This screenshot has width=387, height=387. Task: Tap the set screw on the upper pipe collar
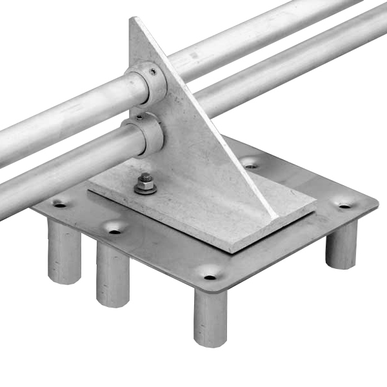click(152, 72)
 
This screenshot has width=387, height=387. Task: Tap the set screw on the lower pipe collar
click(139, 118)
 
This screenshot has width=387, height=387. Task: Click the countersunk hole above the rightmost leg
click(345, 206)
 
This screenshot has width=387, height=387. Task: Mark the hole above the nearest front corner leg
click(210, 277)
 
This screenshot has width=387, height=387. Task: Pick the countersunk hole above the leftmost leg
click(60, 205)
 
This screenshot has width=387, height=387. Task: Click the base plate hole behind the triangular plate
click(251, 166)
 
